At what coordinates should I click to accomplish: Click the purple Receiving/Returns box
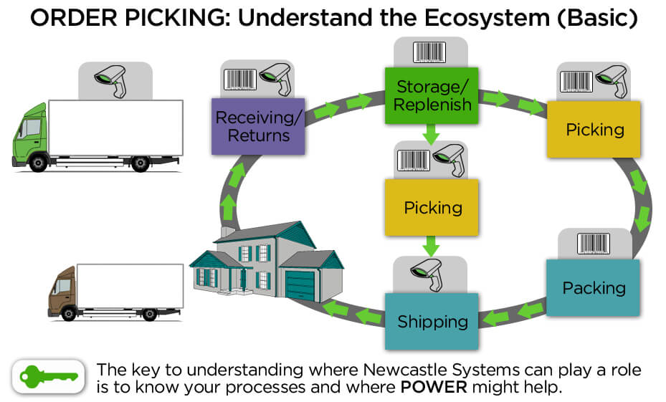(259, 126)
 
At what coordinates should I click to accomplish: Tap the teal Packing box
(594, 288)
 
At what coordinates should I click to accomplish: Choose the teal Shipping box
(432, 322)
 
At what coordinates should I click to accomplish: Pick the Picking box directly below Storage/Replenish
(432, 208)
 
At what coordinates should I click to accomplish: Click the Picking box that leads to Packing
(594, 130)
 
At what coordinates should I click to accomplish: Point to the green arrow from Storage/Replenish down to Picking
(431, 133)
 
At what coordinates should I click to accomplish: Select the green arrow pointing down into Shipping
(431, 247)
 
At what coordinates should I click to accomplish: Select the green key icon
(49, 375)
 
